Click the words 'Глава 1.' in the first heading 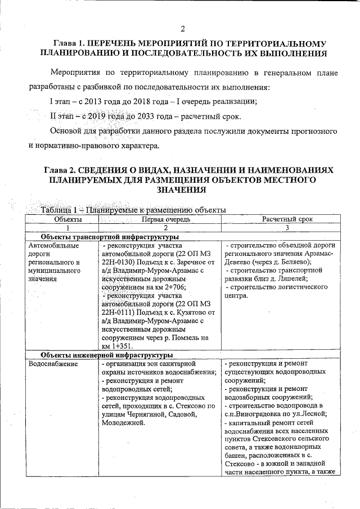(69, 43)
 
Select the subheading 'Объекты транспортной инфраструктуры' (106, 237)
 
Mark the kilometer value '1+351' (121, 346)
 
